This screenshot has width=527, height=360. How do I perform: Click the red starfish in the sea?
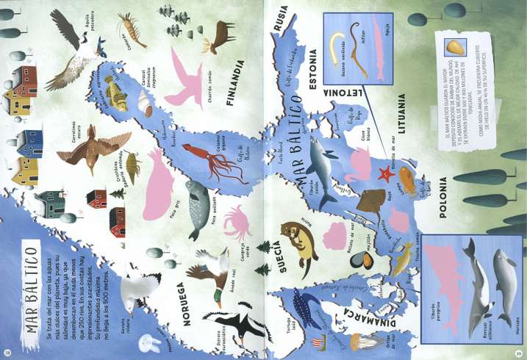pos(384,174)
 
